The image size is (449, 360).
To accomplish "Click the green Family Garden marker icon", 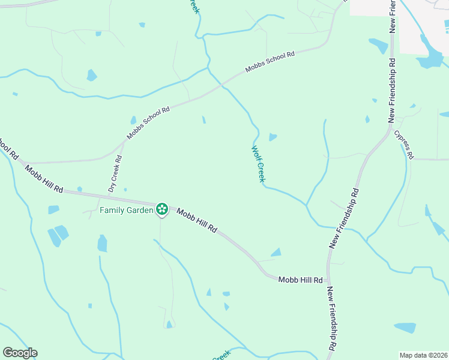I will [161, 209].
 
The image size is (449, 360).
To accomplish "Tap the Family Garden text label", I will [127, 210].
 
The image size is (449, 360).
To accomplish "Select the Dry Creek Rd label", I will [115, 174].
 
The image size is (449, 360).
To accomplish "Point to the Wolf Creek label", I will [258, 164].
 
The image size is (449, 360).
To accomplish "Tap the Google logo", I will [20, 353].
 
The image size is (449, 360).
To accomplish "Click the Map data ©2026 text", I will [424, 355].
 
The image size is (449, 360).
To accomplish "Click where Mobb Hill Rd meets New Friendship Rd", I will [328, 280].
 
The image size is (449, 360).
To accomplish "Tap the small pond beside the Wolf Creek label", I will [273, 137].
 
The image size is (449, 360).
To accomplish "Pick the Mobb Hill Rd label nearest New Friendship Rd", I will [301, 280].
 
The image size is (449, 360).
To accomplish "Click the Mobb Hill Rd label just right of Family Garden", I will [196, 221].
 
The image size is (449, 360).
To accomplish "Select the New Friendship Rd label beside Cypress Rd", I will [392, 90].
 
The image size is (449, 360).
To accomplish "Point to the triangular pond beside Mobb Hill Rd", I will [276, 253].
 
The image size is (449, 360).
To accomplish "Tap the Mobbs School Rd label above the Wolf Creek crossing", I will [270, 62].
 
